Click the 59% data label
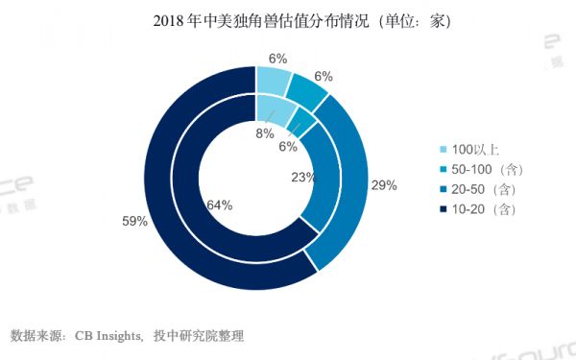tap(133, 222)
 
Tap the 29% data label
tap(384, 185)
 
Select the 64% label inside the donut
tap(218, 204)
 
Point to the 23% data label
tap(304, 178)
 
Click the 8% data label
tap(262, 134)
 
